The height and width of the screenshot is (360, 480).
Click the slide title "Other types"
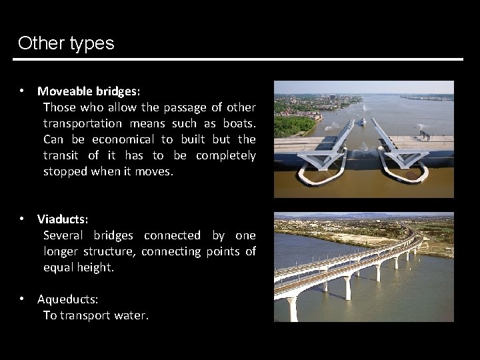click(x=66, y=43)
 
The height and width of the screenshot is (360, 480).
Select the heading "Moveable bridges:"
click(x=89, y=91)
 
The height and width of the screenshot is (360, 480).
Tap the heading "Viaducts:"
click(x=63, y=219)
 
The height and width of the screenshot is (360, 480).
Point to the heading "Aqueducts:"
click(x=67, y=299)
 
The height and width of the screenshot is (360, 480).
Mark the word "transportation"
click(x=83, y=123)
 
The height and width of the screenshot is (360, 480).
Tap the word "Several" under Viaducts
click(x=65, y=235)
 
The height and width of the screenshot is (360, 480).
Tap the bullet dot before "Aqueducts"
click(x=22, y=299)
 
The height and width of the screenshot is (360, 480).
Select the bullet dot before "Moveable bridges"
click(x=22, y=91)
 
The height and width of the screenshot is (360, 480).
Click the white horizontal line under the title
click(x=238, y=59)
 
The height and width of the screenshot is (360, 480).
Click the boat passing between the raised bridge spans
click(x=363, y=121)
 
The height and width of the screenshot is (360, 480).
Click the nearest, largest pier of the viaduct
click(x=292, y=308)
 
